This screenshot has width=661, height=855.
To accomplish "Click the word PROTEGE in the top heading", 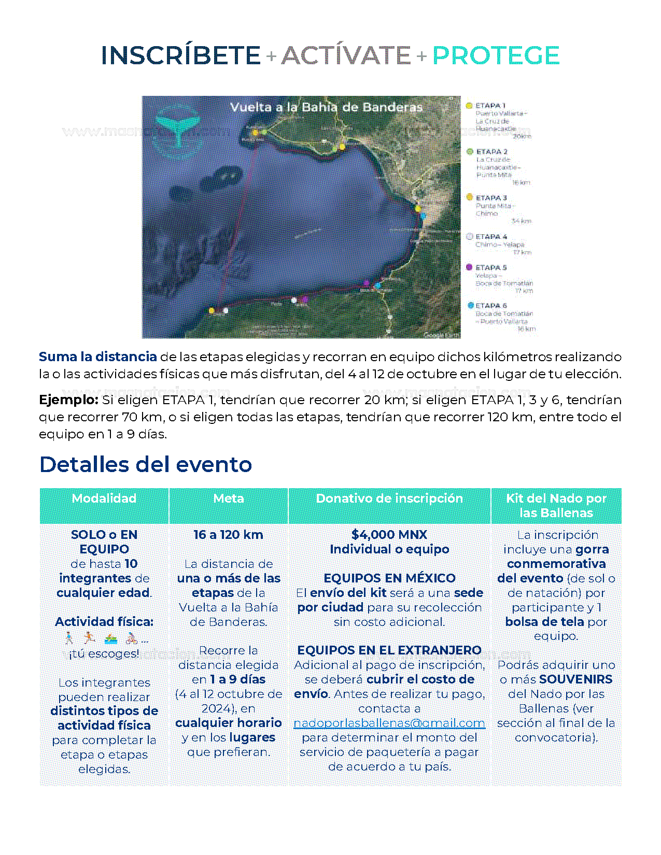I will coord(496,55).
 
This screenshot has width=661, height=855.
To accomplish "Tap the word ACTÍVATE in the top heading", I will coord(346,55).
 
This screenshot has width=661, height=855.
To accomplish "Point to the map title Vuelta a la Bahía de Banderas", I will coord(326,107).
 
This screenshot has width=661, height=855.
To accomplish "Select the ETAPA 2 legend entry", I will coord(491,152).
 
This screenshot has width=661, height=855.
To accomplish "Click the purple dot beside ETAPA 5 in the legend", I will coord(469,267).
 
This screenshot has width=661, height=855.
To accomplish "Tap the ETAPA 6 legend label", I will coord(491,306).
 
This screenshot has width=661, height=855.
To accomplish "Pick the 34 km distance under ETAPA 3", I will coord(521,221).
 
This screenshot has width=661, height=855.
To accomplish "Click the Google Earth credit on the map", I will coord(441,335).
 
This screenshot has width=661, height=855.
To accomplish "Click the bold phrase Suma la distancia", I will coord(97,357).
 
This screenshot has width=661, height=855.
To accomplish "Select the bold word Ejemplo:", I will coord(68,400).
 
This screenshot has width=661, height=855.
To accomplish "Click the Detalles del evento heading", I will coord(146,465).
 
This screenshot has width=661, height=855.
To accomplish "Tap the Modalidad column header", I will coord(104,498).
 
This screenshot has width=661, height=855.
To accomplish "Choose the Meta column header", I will coord(229,498).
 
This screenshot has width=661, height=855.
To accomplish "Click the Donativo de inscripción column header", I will coord(389,498).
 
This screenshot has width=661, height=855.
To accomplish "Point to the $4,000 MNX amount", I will coord(389,535).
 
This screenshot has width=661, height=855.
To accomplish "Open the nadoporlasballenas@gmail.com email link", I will coord(389,723).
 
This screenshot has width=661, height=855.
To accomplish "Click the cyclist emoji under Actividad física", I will coord(132,638).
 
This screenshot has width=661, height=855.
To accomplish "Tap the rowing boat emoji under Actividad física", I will coord(111,638).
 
